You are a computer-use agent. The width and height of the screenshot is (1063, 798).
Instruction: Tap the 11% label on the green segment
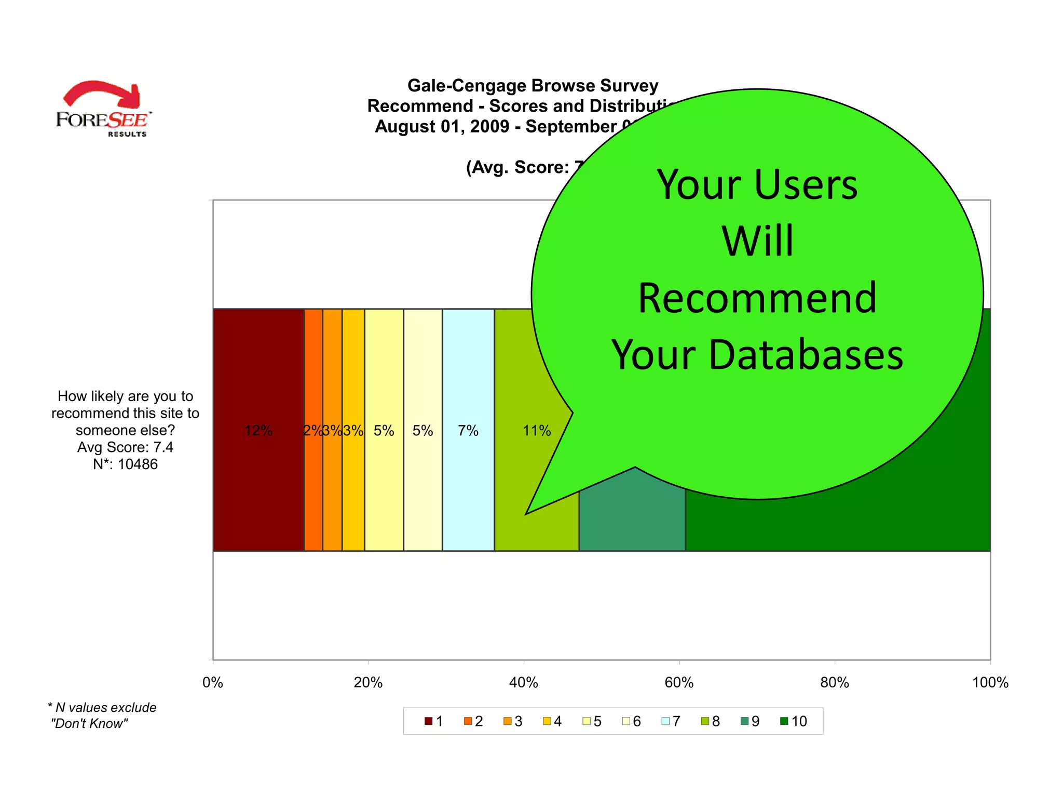536,431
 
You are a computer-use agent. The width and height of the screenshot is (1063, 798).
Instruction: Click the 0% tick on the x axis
213,682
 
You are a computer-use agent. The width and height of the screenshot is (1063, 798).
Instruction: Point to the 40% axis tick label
523,682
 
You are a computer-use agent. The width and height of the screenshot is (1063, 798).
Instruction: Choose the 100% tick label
989,682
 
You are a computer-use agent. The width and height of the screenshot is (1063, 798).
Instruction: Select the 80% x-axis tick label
834,682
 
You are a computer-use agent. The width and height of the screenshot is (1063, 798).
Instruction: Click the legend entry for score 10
794,721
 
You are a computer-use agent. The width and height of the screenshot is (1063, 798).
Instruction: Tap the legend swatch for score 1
428,721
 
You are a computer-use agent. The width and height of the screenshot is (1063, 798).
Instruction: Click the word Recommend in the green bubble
757,298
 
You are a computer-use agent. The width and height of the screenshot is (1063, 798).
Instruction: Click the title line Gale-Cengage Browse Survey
533,86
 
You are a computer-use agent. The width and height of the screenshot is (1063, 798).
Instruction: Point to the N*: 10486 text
125,464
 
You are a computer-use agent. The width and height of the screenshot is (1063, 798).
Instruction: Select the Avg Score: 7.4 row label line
125,447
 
